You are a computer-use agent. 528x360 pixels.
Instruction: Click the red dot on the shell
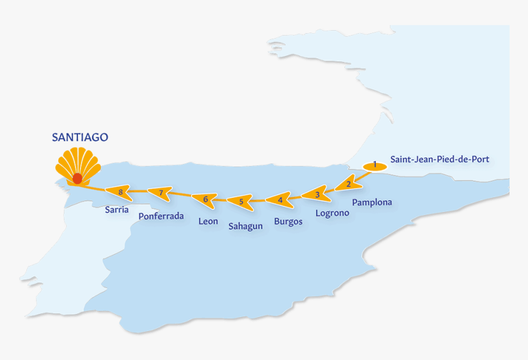[x=77, y=178]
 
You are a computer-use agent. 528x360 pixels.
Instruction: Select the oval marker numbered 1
[x=375, y=165]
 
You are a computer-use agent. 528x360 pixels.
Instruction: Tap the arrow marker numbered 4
[x=280, y=199]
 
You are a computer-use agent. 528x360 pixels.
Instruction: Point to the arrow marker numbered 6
[x=205, y=198]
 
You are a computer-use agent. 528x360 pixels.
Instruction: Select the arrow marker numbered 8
[x=120, y=192]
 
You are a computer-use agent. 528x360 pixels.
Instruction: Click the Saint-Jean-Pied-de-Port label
[x=440, y=160]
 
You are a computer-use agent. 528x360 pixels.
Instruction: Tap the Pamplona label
[x=372, y=202]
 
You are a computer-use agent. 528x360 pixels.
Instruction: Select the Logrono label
[x=332, y=213]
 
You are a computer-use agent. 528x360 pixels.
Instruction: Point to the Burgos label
[x=289, y=222]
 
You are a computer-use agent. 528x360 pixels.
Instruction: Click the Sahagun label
[x=246, y=226]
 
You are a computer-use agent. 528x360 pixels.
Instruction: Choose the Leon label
[x=208, y=221]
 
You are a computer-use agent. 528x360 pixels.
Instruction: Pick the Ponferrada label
[x=161, y=216]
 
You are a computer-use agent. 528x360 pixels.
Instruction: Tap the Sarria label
[x=117, y=209]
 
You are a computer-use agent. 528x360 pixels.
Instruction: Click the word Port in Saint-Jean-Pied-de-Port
[x=480, y=160]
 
